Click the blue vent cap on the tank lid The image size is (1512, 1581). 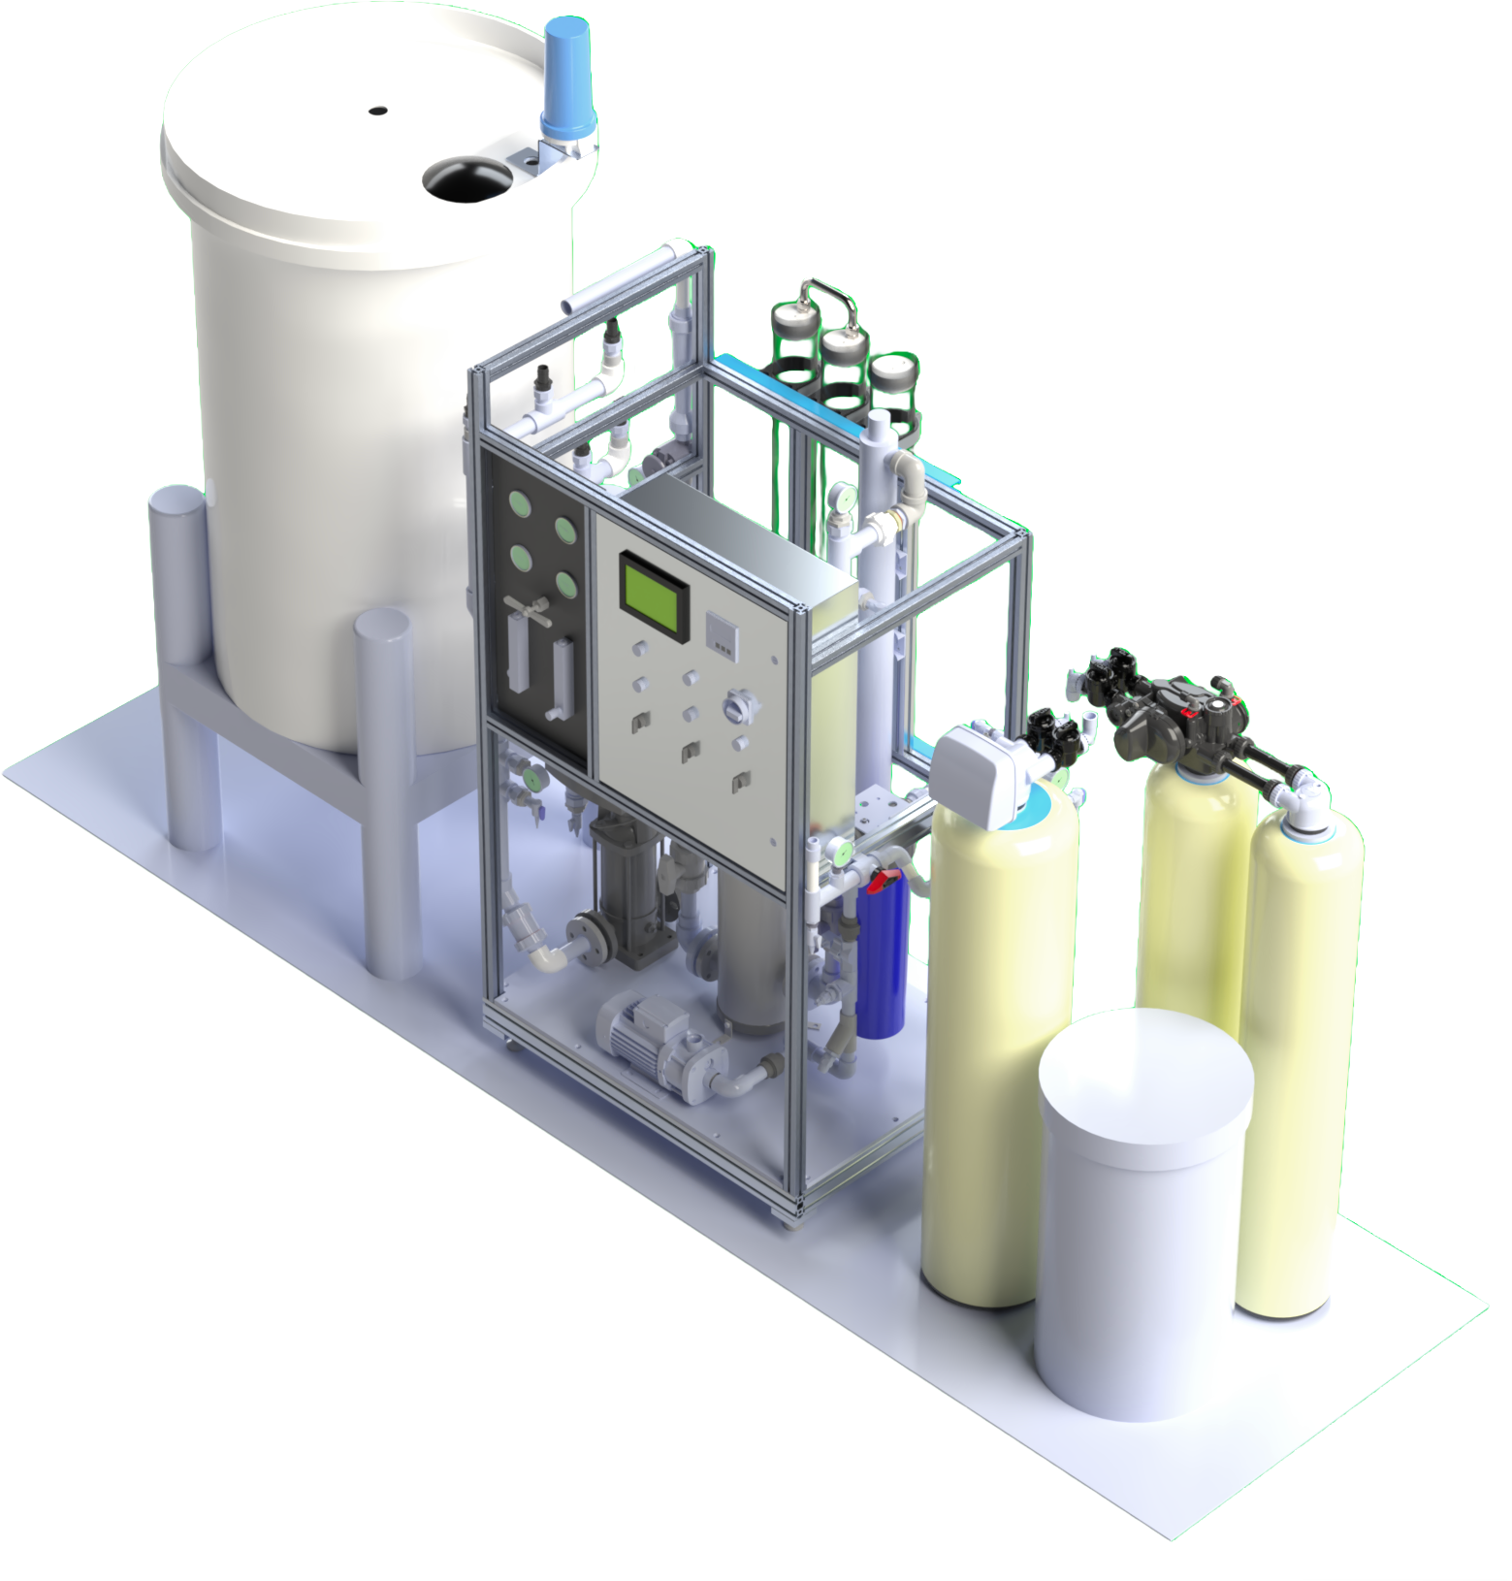click(567, 78)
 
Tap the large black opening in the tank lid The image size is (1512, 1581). click(466, 179)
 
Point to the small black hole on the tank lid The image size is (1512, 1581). click(378, 110)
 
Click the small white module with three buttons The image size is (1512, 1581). click(722, 633)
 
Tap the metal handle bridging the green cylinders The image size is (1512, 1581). click(829, 295)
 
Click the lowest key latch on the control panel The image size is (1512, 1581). click(741, 779)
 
